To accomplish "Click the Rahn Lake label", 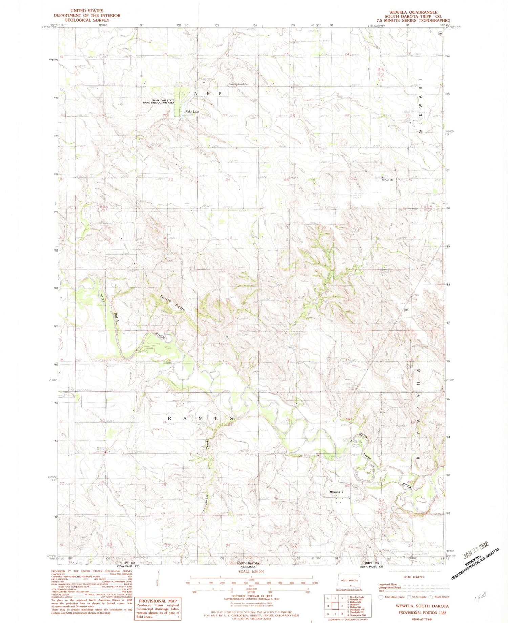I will point(192,112).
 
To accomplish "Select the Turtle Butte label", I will point(172,304).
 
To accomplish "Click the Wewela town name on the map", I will point(335,492).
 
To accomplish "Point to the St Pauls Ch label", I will point(387,180).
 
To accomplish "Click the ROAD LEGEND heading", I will point(413,577).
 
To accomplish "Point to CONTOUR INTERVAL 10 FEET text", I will point(252,596).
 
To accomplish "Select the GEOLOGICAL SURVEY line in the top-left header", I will point(87,20).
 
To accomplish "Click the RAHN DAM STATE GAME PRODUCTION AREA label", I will point(158,101).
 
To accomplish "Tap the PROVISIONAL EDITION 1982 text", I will point(422,612).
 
